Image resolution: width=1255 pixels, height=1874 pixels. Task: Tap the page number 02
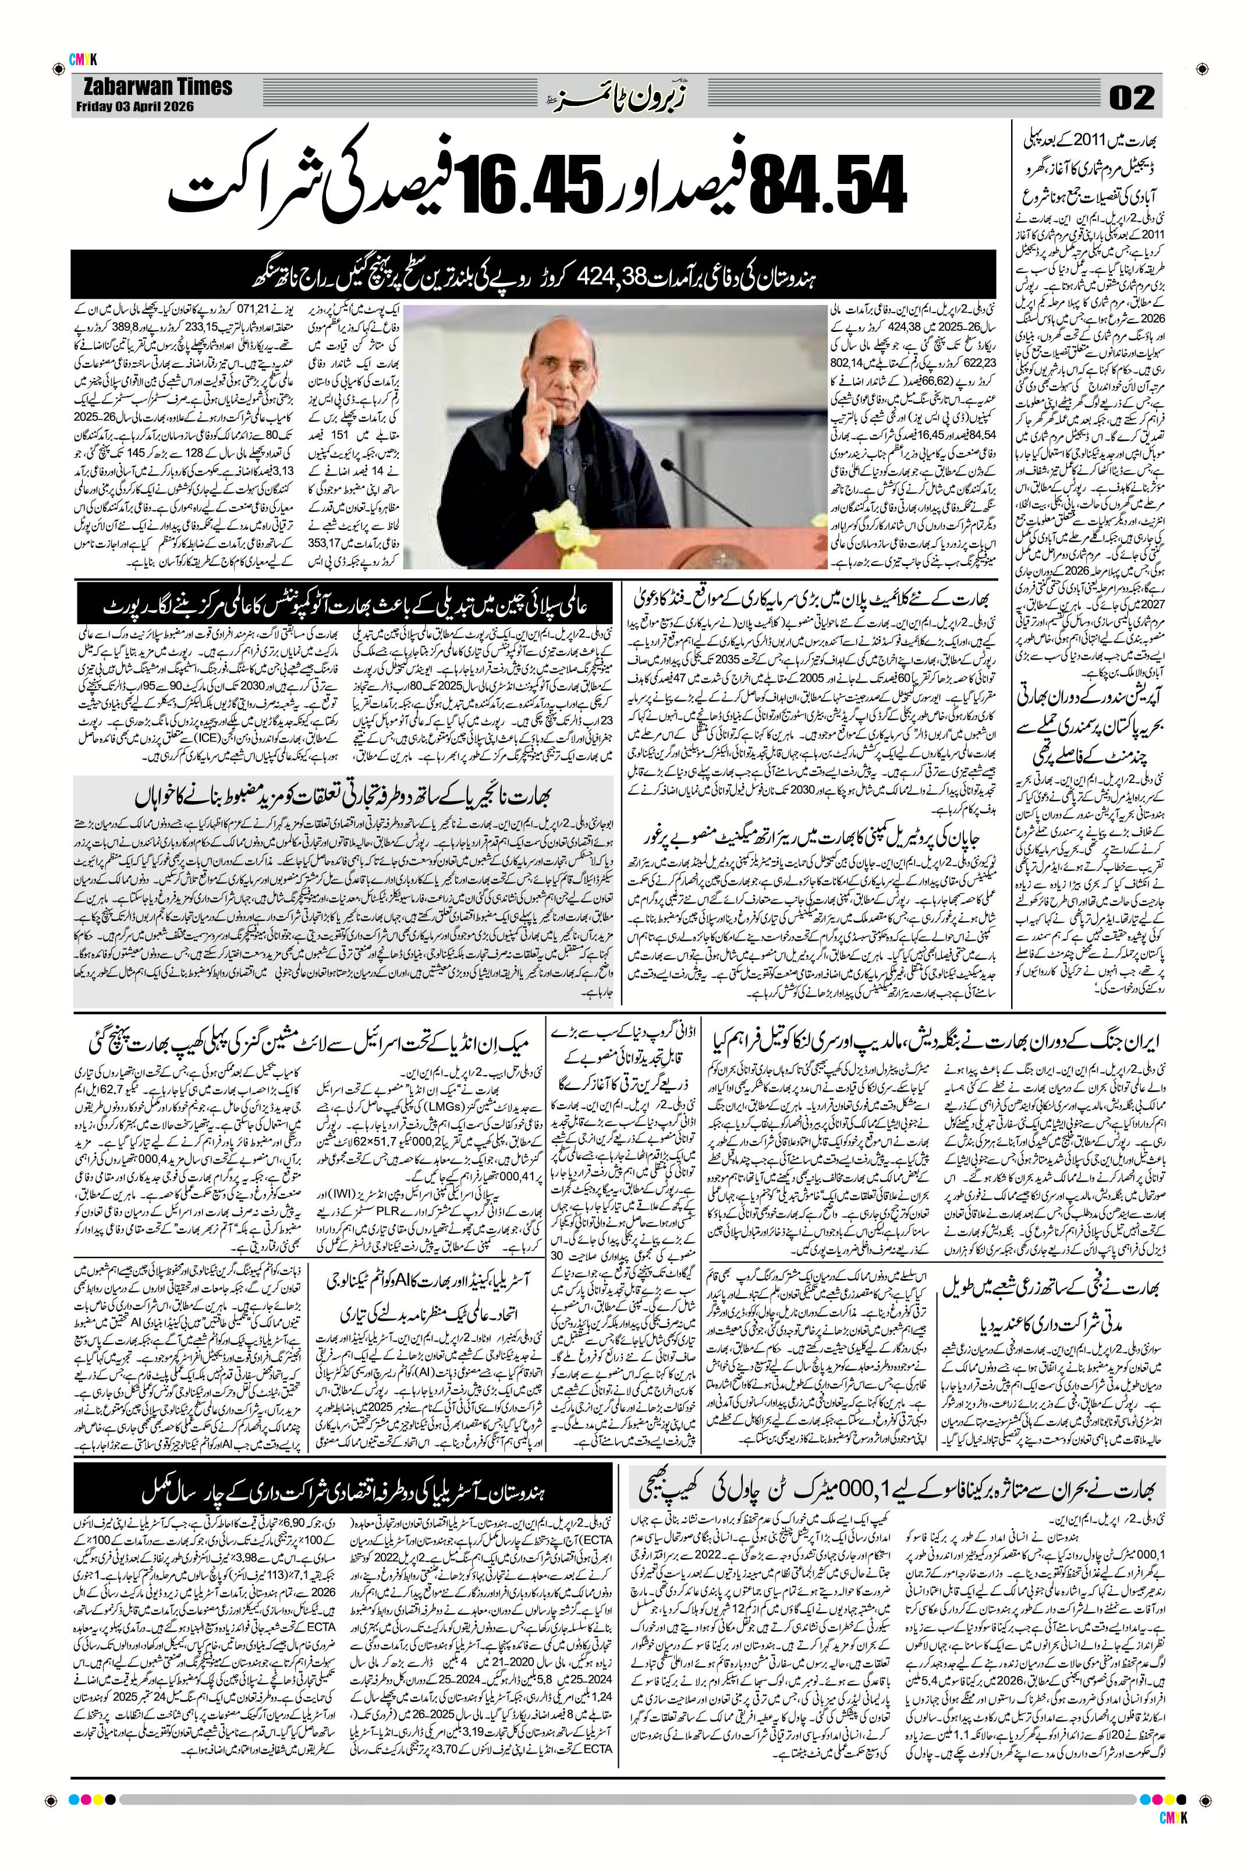tap(1131, 98)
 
